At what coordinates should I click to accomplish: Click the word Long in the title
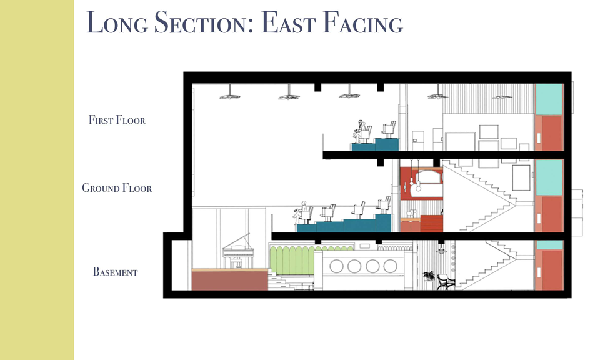117,23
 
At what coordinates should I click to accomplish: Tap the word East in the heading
287,22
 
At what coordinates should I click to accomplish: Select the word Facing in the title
362,23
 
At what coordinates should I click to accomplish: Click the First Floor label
117,120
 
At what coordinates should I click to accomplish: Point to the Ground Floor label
117,188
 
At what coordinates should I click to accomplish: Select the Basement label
115,272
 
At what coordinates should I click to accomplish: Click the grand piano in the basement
238,252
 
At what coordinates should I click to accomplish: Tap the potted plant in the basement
429,276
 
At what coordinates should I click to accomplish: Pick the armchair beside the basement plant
446,282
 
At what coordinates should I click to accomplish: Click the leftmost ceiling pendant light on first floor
230,96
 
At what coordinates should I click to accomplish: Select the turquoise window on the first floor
549,99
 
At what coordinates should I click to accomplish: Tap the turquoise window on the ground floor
549,177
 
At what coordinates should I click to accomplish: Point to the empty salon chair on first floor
388,130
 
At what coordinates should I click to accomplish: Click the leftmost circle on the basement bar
336,266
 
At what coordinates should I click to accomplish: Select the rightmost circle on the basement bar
390,266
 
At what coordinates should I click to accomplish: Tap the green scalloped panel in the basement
292,261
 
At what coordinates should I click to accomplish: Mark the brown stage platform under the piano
229,280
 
